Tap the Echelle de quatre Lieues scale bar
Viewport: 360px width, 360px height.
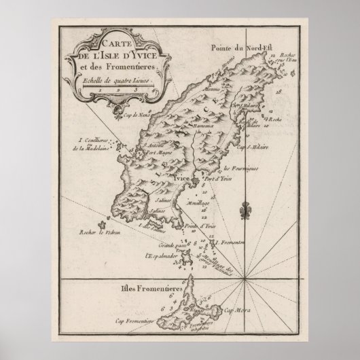[x=121, y=88]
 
